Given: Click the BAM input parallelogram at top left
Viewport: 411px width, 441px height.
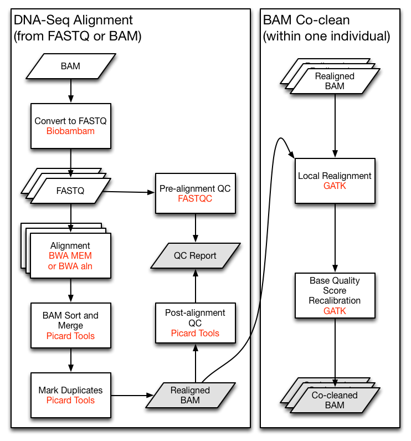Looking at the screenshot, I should [70, 66].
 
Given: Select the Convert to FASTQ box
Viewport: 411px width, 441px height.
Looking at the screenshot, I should [70, 126].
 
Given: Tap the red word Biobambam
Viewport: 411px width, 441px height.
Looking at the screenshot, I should [70, 131].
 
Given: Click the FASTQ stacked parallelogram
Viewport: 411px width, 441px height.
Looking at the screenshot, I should [70, 191].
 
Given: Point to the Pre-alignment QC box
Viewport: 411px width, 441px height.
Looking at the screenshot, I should [195, 193].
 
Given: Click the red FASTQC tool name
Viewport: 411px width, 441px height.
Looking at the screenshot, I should [195, 199].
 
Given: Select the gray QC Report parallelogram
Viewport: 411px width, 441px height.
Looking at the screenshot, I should [195, 256].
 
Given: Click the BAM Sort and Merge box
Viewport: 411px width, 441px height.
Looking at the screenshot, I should [70, 326].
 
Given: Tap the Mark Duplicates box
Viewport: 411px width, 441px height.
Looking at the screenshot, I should [70, 396].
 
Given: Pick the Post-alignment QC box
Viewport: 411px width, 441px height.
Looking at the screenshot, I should [195, 323].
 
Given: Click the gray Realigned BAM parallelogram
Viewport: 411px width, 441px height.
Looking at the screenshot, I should [190, 395].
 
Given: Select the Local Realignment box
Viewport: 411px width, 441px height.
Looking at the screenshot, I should [335, 181].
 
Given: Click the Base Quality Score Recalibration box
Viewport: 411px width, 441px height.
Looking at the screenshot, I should [335, 295].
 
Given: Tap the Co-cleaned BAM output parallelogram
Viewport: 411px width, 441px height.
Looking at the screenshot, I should [335, 400].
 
